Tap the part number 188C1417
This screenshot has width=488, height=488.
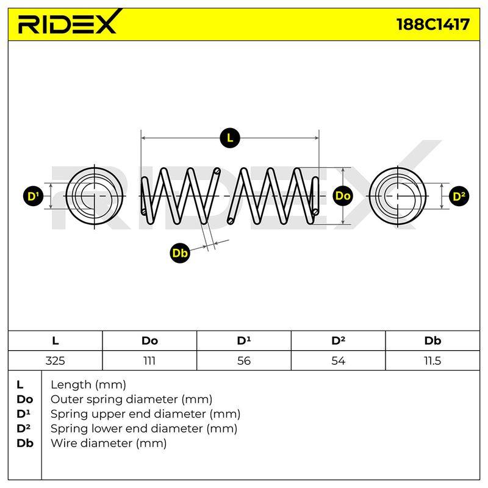tap(433, 24)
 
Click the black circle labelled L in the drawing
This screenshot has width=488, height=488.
tap(230, 138)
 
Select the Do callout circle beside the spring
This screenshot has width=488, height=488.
tap(343, 196)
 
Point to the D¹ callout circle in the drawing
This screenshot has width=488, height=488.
tap(34, 196)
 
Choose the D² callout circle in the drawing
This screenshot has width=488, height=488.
tap(459, 196)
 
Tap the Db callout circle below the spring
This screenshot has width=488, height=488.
tap(179, 253)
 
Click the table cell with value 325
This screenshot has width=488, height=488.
tap(55, 361)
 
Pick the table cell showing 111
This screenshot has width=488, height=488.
tap(149, 361)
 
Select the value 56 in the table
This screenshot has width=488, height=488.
tap(243, 361)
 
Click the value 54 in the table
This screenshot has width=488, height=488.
tap(338, 361)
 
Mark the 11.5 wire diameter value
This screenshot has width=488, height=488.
tap(432, 361)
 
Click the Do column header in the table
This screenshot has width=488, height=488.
tap(149, 340)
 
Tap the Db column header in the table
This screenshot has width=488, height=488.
tap(432, 340)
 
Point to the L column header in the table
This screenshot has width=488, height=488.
tap(55, 340)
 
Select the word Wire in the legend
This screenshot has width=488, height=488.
tap(62, 443)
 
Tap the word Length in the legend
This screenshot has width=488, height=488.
tap(71, 385)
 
